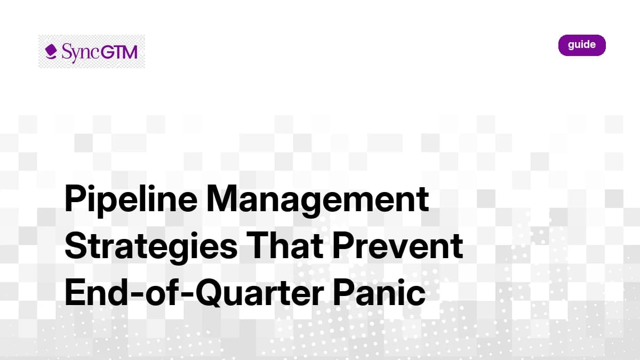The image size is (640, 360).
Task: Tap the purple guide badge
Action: [582, 45]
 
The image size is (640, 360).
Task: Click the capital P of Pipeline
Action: [75, 199]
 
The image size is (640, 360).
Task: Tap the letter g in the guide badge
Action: [571, 46]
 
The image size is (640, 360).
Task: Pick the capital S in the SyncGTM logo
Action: [66, 52]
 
